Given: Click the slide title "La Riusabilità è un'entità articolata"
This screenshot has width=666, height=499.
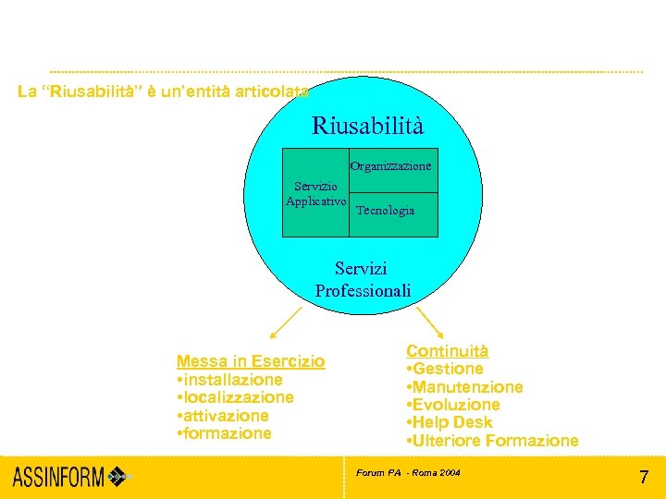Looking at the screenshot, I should click(x=163, y=91).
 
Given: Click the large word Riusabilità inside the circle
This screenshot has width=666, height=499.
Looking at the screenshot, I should click(x=367, y=125).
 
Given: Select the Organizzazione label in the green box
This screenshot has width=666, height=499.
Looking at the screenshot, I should click(x=390, y=166).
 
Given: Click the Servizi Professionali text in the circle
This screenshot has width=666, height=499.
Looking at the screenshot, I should click(x=363, y=279).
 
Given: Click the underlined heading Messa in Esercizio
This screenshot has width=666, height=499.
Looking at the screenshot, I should click(x=251, y=361).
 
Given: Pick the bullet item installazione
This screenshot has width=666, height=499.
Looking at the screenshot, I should click(x=229, y=380).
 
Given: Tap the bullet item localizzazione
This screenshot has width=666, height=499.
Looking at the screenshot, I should click(x=235, y=397).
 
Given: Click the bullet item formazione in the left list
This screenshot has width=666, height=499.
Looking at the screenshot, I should click(x=224, y=433).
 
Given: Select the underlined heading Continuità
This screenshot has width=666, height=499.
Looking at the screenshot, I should click(x=447, y=351).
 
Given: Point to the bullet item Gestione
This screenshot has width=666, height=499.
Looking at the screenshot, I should click(x=445, y=369).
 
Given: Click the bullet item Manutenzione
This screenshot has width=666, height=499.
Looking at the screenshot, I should click(x=464, y=387).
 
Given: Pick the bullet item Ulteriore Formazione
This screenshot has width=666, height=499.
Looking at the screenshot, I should click(x=492, y=441).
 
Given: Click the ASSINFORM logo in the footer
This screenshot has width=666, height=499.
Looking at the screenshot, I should click(x=72, y=478).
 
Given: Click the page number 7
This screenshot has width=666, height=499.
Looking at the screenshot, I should click(x=644, y=478).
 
